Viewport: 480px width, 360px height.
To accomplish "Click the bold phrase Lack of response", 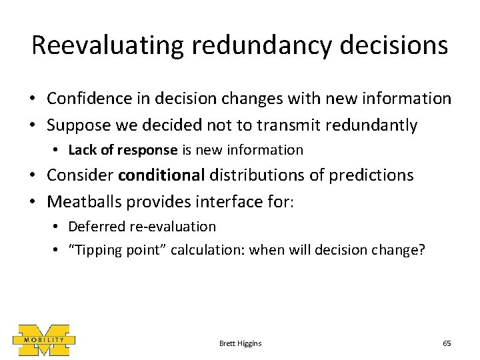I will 123,150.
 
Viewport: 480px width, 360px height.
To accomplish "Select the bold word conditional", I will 162,175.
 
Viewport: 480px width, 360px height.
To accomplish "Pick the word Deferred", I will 94,226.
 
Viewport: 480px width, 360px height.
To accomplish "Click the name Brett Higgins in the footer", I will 240,343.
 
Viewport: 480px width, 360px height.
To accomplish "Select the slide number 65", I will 447,343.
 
